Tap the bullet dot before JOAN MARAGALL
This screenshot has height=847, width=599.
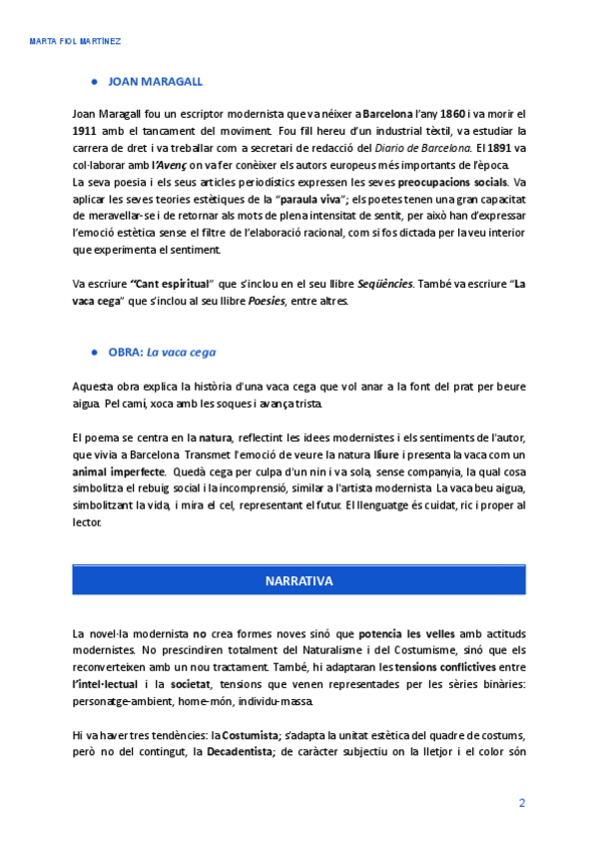point(94,82)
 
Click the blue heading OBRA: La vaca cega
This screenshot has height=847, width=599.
point(162,352)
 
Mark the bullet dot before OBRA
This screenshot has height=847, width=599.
point(94,352)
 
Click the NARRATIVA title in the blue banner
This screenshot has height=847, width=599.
point(299,580)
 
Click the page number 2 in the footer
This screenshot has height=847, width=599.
point(521,803)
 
